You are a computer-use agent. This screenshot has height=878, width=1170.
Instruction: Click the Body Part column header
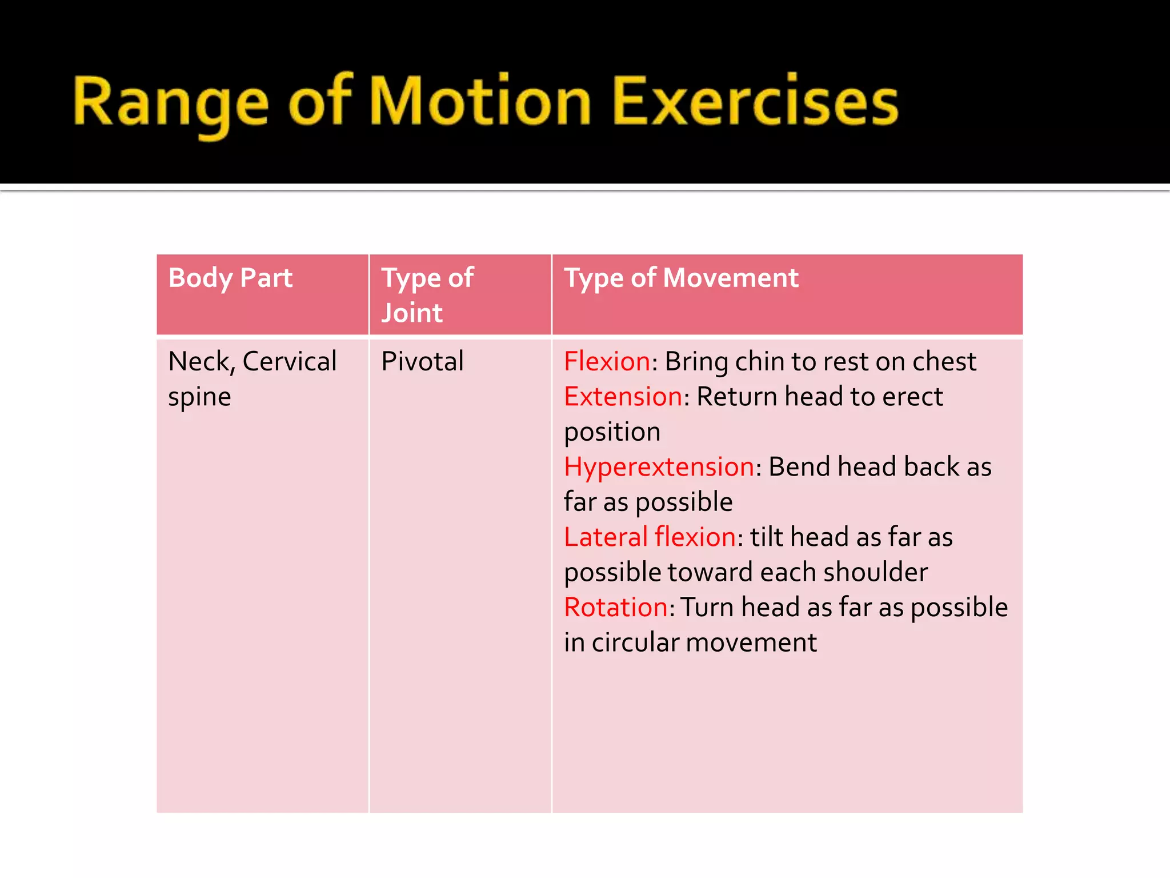[x=230, y=278]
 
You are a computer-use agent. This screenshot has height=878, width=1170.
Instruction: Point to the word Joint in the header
[x=411, y=313]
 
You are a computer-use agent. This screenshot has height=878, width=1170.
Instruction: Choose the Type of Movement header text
[x=681, y=278]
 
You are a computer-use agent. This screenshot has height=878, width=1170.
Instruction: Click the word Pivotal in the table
[x=422, y=362]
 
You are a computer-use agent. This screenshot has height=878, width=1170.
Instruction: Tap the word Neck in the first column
[x=199, y=362]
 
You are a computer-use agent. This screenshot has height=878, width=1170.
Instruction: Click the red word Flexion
[x=607, y=362]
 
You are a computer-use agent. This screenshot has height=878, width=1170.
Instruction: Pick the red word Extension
[x=623, y=397]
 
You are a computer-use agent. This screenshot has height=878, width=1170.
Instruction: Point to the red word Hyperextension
[x=659, y=467]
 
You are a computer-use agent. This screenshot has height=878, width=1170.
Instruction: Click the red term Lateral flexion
[x=650, y=537]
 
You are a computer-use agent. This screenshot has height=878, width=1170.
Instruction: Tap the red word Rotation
[x=616, y=608]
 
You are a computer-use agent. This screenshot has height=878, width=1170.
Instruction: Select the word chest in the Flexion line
[x=944, y=362]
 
